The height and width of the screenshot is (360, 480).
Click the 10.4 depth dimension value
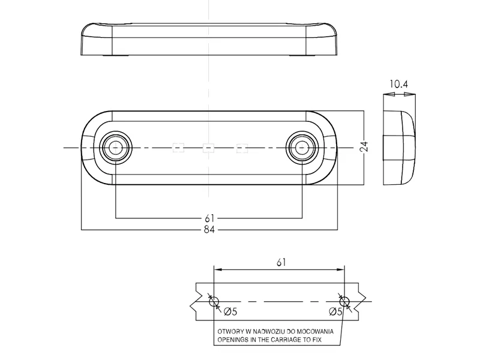click(398, 85)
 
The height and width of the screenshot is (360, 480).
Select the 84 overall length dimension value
click(208, 229)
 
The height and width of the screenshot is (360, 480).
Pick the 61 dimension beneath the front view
click(208, 217)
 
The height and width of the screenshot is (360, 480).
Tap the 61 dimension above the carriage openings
click(280, 262)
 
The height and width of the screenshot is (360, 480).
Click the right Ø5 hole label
click(336, 311)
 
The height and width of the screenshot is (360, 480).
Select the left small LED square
click(177, 147)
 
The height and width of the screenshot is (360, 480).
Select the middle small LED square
click(208, 147)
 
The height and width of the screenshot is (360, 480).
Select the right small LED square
click(241, 147)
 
